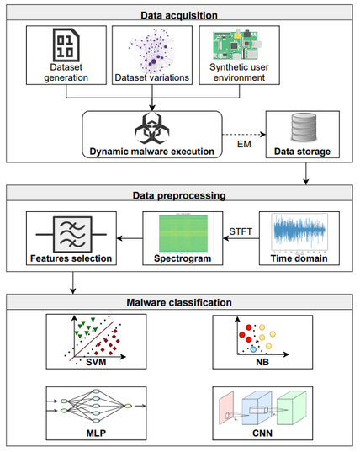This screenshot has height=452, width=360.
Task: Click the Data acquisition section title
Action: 179,15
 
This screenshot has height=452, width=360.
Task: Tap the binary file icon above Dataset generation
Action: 66,45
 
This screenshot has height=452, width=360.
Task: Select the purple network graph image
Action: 151,51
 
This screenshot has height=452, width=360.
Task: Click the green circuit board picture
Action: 237,45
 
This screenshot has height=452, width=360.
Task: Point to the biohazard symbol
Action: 151,129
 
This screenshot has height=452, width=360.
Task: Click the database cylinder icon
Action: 304,127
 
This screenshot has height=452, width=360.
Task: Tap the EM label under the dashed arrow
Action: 244,144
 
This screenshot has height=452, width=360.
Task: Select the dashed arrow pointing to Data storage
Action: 244,135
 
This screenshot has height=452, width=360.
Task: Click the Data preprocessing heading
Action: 179,195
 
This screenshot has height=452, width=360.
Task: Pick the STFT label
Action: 241,231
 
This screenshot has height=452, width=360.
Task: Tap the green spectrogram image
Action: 183,233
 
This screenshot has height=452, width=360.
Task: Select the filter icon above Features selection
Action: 71,235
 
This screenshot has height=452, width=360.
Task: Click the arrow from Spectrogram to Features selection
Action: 130,238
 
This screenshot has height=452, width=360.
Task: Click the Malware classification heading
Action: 179,302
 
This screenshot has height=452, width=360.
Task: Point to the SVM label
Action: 96,362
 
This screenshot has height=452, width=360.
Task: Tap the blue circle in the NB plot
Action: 253,349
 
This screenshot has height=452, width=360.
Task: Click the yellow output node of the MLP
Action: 128,406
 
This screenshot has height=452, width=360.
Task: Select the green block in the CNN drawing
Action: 292,407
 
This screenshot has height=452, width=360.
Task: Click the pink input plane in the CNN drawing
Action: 226,408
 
